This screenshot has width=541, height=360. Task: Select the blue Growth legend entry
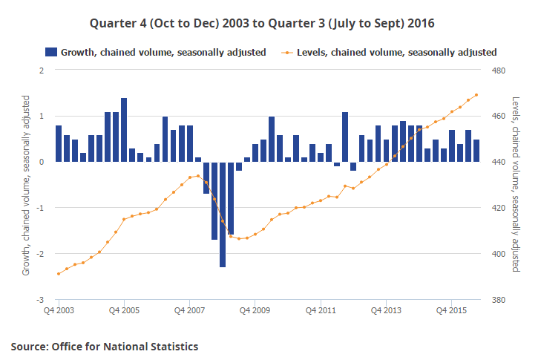coord(155,52)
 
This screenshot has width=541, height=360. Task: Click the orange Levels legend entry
coord(389,52)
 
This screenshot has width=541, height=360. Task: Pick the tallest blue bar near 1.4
coord(124,130)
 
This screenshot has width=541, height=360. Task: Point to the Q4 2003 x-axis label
coord(59,310)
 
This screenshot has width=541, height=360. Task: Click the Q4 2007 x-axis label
coord(190,310)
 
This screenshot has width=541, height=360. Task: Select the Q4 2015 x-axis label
coord(451,310)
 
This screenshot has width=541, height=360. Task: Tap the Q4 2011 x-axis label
coord(321,310)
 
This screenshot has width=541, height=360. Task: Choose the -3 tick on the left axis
coord(42,300)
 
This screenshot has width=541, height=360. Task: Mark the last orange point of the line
coord(476,95)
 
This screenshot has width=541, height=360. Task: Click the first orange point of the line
coord(59,274)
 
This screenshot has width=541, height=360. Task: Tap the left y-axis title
coord(27,186)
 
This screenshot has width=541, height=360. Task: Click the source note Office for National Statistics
coord(105,346)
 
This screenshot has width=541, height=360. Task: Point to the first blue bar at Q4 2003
coord(59,143)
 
